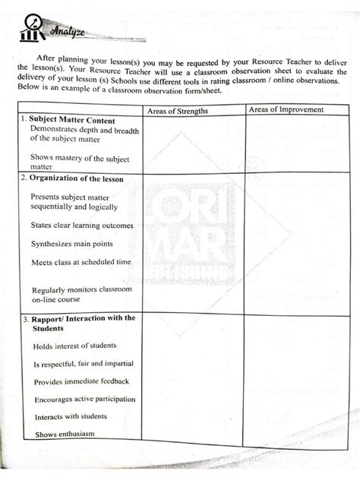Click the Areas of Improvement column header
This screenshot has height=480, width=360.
point(286,110)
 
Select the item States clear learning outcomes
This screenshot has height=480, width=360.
point(82,226)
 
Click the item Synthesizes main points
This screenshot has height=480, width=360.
point(72,244)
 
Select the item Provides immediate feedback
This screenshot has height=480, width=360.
point(81,381)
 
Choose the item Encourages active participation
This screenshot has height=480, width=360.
point(84,399)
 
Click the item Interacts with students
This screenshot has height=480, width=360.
point(70,417)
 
